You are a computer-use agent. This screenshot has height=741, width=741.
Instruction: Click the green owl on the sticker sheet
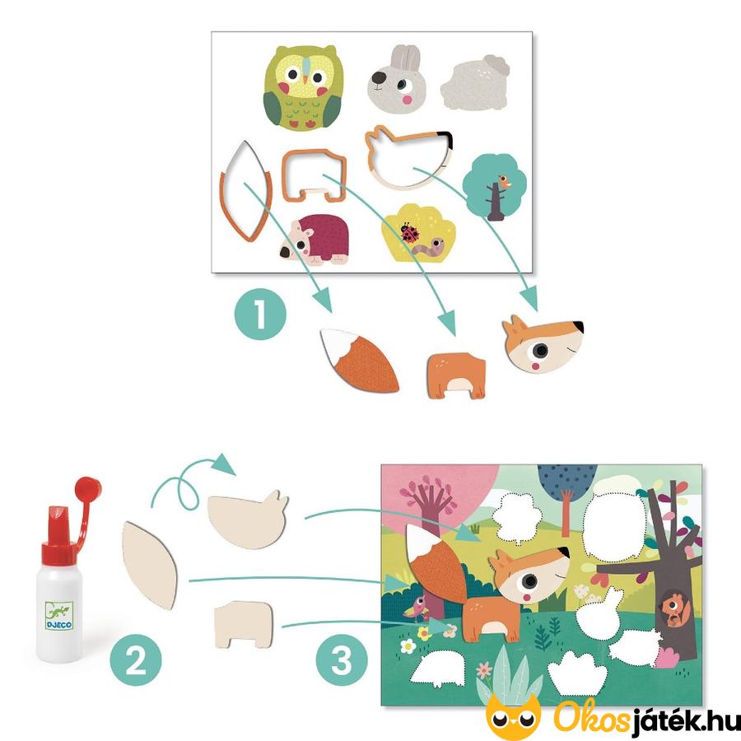pos(302,87)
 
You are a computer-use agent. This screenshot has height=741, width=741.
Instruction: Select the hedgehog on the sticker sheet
pos(315,240)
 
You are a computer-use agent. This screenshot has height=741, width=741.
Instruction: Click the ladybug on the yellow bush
pos(410,232)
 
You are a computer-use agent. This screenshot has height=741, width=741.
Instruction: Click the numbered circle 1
pos(260,315)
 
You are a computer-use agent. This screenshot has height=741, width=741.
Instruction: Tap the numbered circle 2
pos(136,660)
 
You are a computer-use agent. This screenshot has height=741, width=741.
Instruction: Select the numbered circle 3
pos(342,660)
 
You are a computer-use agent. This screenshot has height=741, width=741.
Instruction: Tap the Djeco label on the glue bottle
pos(59,615)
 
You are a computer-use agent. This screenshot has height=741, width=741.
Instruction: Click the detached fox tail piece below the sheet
pos(360,360)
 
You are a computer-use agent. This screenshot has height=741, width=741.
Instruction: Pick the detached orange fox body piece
pos(456,376)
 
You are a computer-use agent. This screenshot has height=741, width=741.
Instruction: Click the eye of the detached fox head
pos(540,351)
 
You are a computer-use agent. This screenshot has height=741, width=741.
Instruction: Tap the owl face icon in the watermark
pos(513,715)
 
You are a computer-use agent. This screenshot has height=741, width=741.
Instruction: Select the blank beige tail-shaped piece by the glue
pos(150,565)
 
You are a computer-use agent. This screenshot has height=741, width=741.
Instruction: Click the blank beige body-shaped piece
pos(244,624)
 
